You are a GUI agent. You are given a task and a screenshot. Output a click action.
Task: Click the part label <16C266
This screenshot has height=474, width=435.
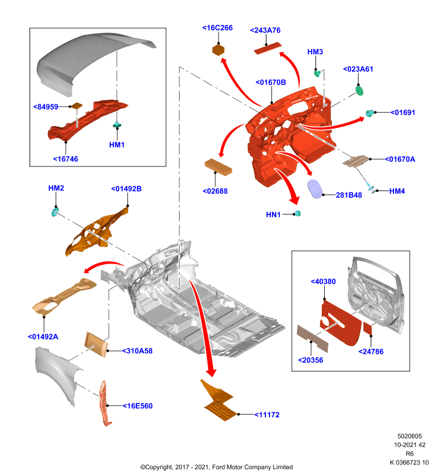pyautogui.click(x=217, y=28)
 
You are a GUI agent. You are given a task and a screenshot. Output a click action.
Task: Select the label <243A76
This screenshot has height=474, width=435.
pyautogui.click(x=265, y=30)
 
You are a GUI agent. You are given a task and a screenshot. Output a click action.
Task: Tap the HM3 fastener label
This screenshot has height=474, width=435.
pyautogui.click(x=315, y=52)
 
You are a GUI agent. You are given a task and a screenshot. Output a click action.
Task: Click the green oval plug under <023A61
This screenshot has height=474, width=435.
pyautogui.click(x=359, y=91)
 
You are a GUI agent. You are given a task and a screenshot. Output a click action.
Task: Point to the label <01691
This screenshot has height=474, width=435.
pyautogui.click(x=402, y=113)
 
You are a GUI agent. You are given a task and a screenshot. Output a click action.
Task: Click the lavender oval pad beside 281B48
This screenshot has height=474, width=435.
pyautogui.click(x=315, y=189)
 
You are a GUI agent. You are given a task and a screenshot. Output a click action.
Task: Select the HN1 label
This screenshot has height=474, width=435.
pyautogui.click(x=273, y=214)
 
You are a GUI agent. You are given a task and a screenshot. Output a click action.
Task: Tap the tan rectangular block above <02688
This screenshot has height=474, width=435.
pyautogui.click(x=218, y=166)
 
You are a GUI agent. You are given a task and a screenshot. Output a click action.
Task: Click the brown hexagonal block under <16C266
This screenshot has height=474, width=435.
pyautogui.click(x=218, y=50)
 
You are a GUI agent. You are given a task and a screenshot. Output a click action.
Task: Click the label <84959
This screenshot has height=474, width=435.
pyautogui.click(x=46, y=107)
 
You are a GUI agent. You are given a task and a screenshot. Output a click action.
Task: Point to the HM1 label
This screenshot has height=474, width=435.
pyautogui.click(x=117, y=145)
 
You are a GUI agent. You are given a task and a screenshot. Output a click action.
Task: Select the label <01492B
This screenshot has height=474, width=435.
pyautogui.click(x=126, y=188)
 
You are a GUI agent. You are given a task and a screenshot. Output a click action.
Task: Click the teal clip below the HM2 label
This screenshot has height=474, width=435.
pyautogui.click(x=55, y=212)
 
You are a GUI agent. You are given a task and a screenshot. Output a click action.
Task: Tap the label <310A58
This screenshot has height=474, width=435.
pyautogui.click(x=137, y=351)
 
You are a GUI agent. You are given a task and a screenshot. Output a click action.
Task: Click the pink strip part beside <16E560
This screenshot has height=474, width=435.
pyautogui.click(x=105, y=403)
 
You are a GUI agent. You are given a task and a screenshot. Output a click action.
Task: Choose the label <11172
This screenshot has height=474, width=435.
pyautogui.click(x=267, y=415)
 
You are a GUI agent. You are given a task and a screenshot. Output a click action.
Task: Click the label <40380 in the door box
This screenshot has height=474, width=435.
pyautogui.click(x=323, y=281)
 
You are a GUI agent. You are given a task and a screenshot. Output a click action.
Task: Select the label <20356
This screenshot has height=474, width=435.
pyautogui.click(x=311, y=360)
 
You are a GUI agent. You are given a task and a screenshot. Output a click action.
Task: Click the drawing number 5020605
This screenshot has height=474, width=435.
pyautogui.click(x=410, y=436)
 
